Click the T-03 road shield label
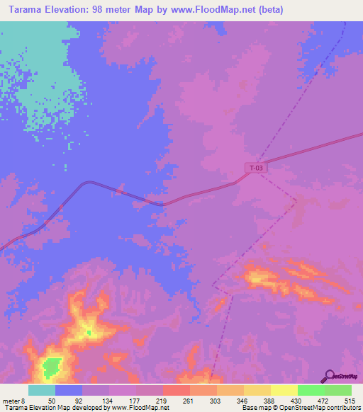click(257, 168)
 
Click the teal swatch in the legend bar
click(42, 391)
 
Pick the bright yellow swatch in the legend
click(284, 391)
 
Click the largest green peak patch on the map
click(50, 367)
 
